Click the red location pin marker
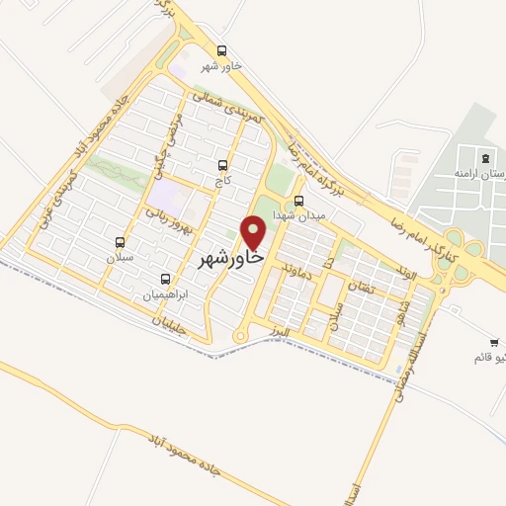pos(255,233)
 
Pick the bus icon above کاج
pos(221,166)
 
